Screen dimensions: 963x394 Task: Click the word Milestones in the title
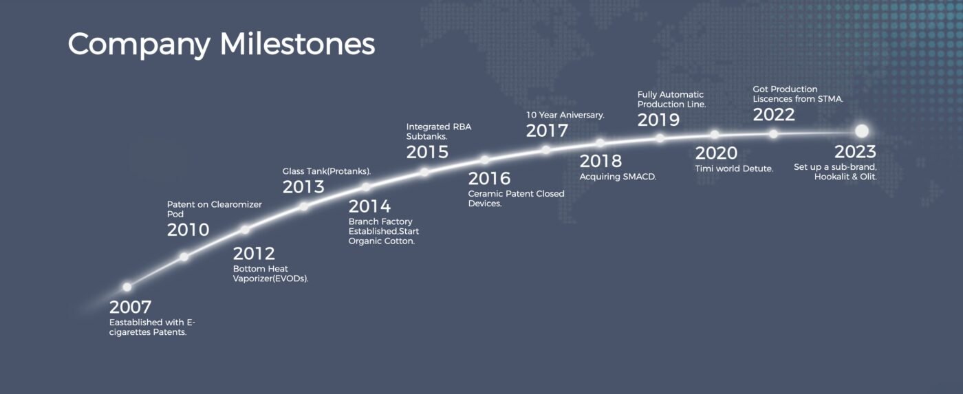(x=297, y=44)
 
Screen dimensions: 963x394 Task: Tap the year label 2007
(x=130, y=307)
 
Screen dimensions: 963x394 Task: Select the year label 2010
(x=188, y=230)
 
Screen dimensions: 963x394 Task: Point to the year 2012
(x=254, y=254)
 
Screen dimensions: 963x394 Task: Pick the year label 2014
(x=369, y=207)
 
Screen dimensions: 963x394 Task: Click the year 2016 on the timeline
(x=489, y=179)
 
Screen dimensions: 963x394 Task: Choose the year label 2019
(x=658, y=120)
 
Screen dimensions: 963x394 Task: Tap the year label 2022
(x=774, y=115)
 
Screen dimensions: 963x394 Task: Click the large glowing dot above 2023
(x=861, y=131)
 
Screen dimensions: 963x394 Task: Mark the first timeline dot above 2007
(x=127, y=287)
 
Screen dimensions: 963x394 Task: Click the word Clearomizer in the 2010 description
(x=236, y=204)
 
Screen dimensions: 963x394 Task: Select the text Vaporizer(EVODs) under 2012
(x=270, y=279)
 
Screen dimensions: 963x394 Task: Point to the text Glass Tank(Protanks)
(x=326, y=171)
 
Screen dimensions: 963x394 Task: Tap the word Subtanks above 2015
(x=426, y=137)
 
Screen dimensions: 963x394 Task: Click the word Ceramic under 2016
(x=485, y=194)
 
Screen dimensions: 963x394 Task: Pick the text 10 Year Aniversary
(x=565, y=115)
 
